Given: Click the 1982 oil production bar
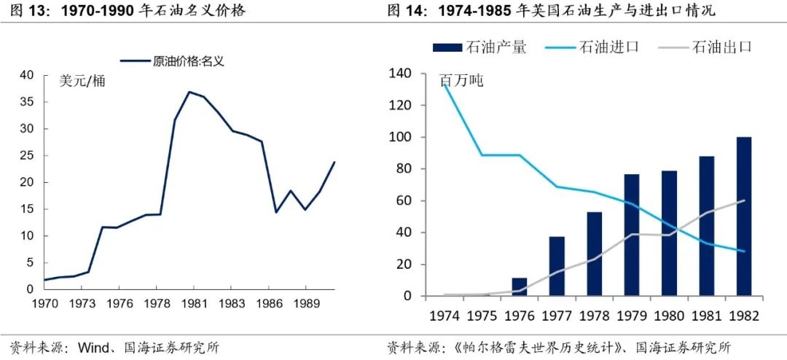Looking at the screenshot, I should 744,216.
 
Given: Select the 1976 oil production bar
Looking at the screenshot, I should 520,287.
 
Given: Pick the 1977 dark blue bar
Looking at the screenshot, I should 557,266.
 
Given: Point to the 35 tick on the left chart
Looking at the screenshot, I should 26,102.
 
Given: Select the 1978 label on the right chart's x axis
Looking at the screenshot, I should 595,317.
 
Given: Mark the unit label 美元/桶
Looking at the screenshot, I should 82,81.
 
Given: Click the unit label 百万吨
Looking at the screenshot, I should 462,81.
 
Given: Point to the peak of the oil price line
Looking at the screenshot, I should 189,92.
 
